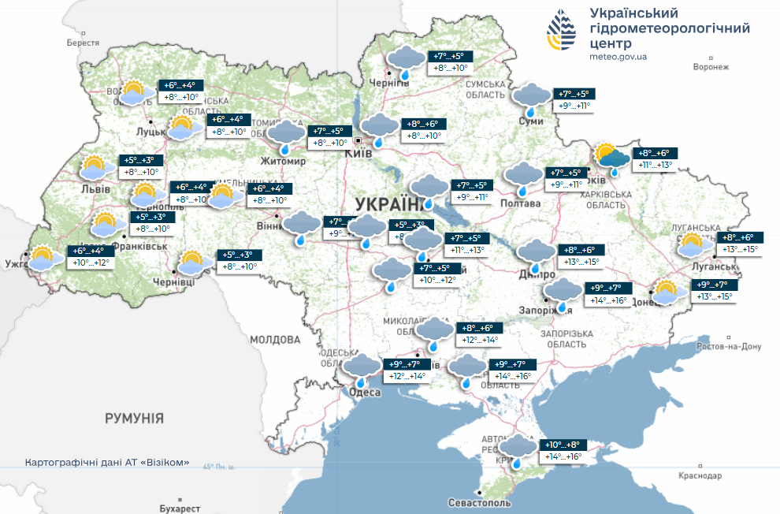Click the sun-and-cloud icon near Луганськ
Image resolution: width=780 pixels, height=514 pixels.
(x=691, y=244)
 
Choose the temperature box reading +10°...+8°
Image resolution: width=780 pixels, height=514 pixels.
(x=562, y=445)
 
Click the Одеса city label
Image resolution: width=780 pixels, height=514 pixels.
(x=365, y=392)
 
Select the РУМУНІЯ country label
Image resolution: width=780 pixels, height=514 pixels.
(x=135, y=418)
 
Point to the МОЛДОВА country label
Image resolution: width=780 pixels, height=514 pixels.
(x=275, y=340)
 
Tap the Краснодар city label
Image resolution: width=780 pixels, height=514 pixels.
(x=699, y=476)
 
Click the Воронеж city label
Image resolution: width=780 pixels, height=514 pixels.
(x=710, y=67)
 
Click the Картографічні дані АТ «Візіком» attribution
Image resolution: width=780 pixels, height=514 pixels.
(x=107, y=463)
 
